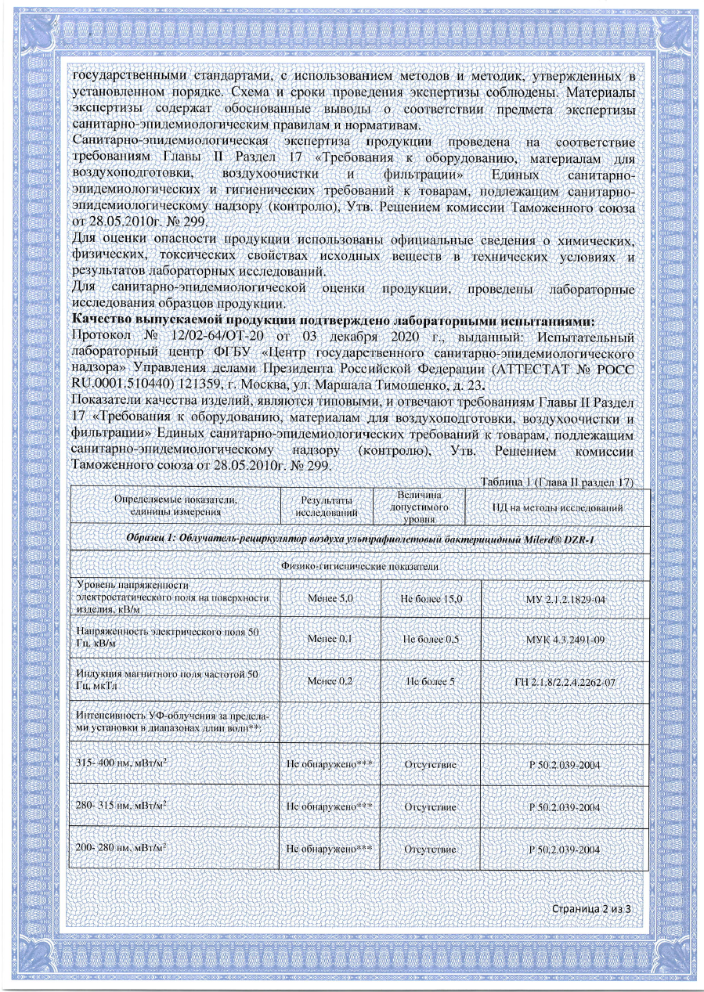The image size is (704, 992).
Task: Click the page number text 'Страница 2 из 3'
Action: pos(591,909)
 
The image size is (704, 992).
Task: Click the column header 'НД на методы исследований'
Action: pos(558,509)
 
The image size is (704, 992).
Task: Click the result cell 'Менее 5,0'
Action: pos(330,598)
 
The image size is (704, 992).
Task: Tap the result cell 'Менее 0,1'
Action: pos(330,640)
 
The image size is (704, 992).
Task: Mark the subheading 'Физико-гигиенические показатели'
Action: pos(359,565)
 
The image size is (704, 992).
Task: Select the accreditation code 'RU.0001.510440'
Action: pos(117,385)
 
